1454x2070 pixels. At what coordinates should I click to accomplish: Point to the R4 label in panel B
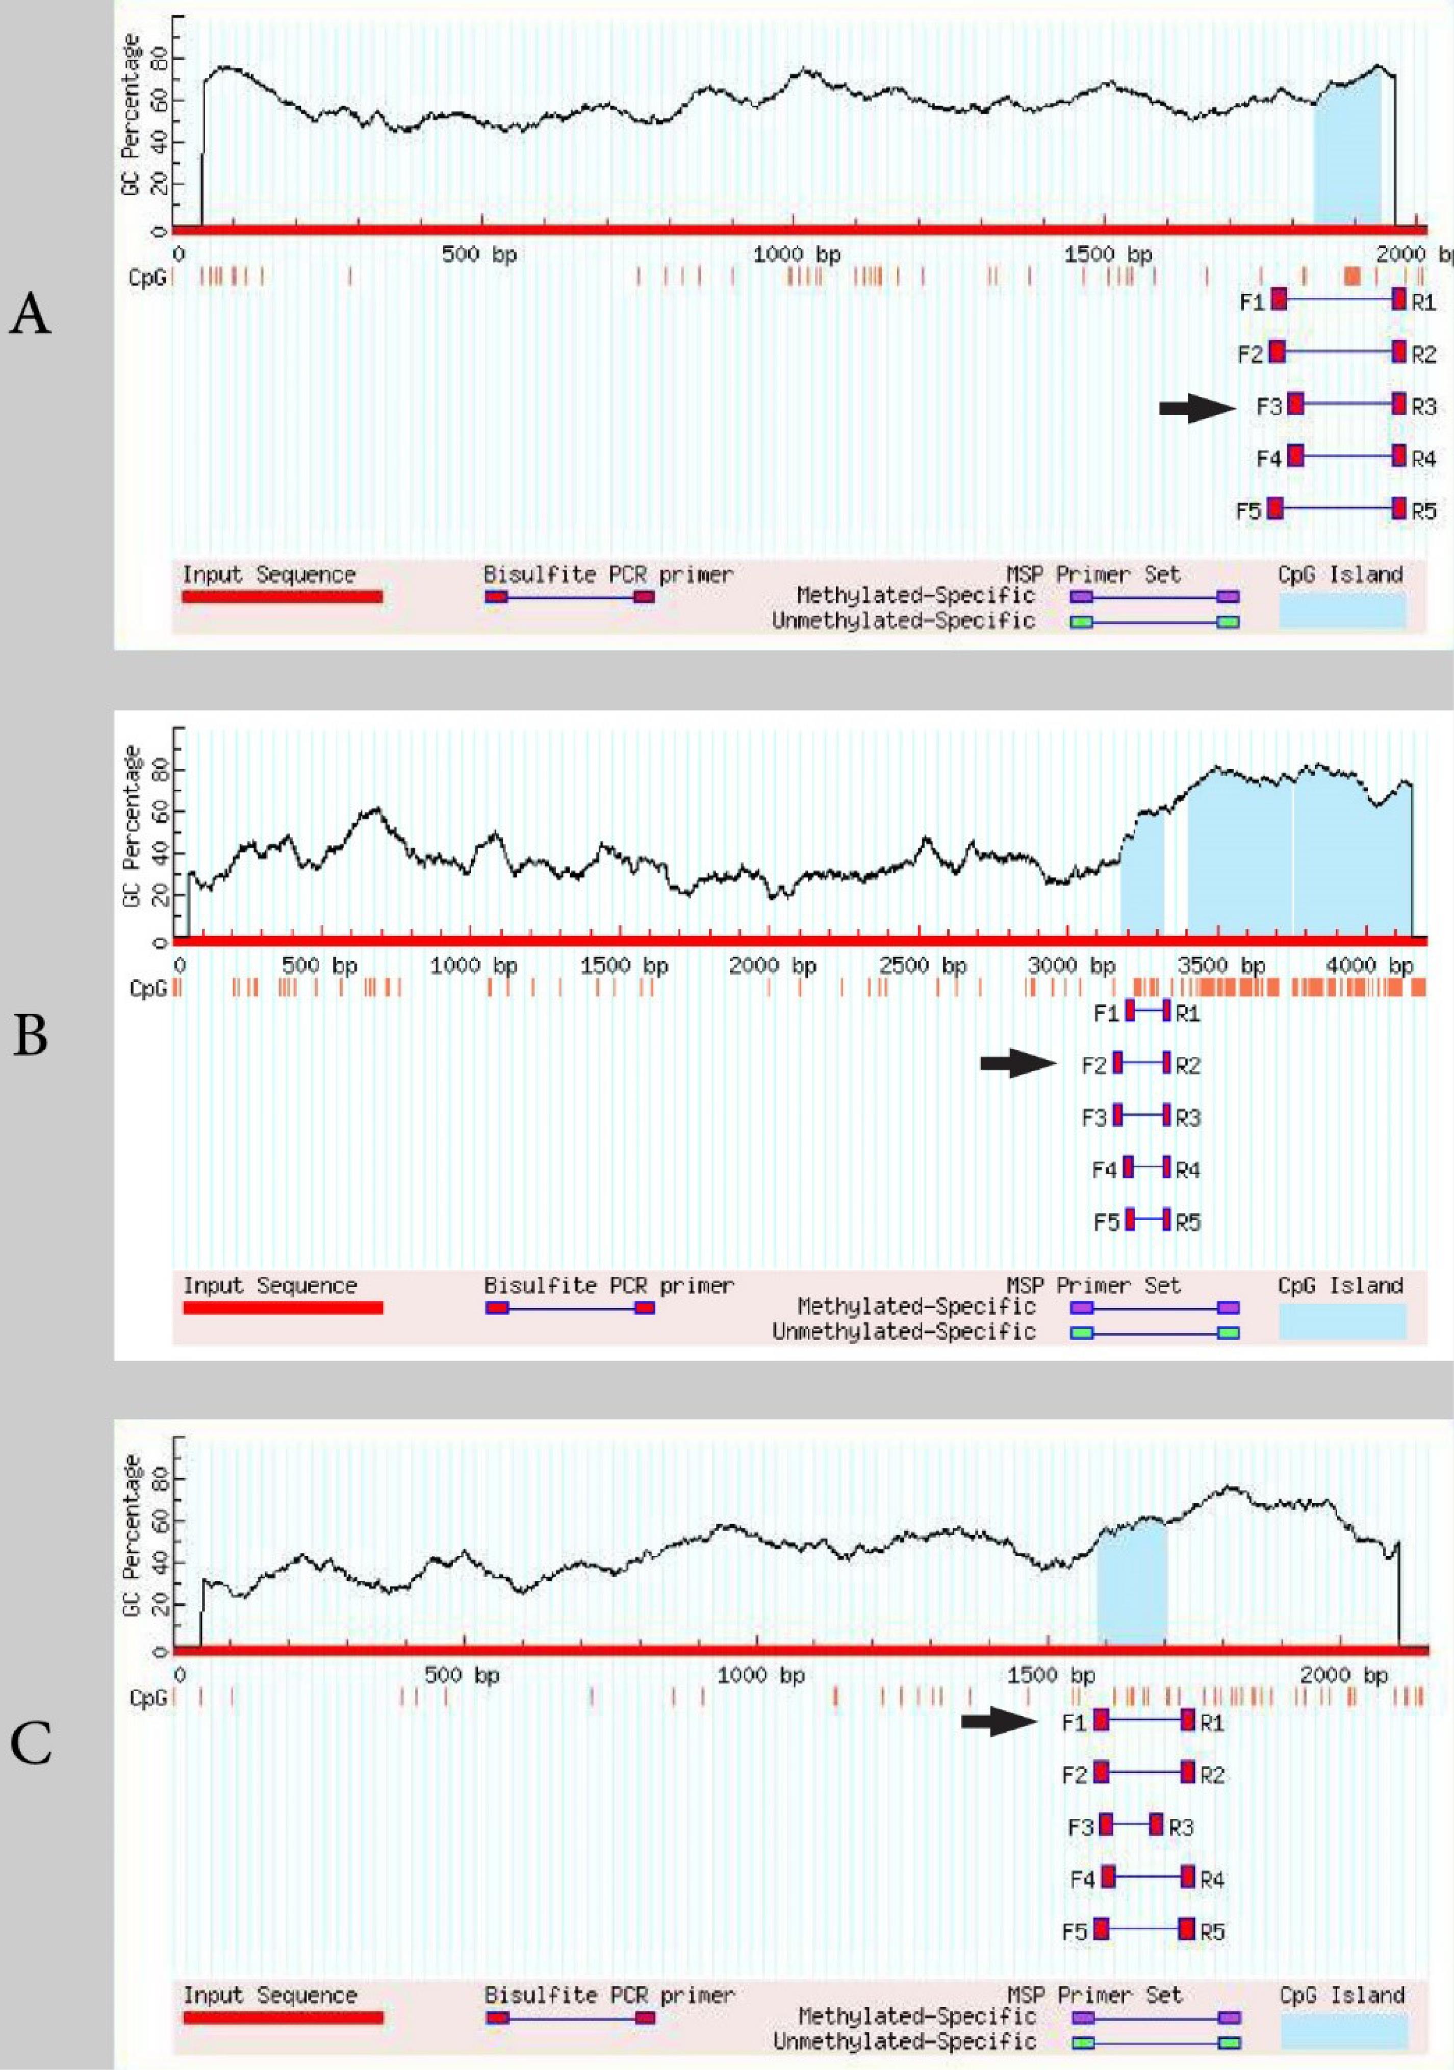[x=1188, y=1170]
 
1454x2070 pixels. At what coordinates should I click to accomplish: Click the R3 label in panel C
[x=1181, y=1828]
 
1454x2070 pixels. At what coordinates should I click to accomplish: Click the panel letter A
[x=30, y=316]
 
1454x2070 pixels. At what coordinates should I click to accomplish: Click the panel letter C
[x=30, y=1746]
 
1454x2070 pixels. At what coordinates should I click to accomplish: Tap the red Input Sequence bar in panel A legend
[x=282, y=596]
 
